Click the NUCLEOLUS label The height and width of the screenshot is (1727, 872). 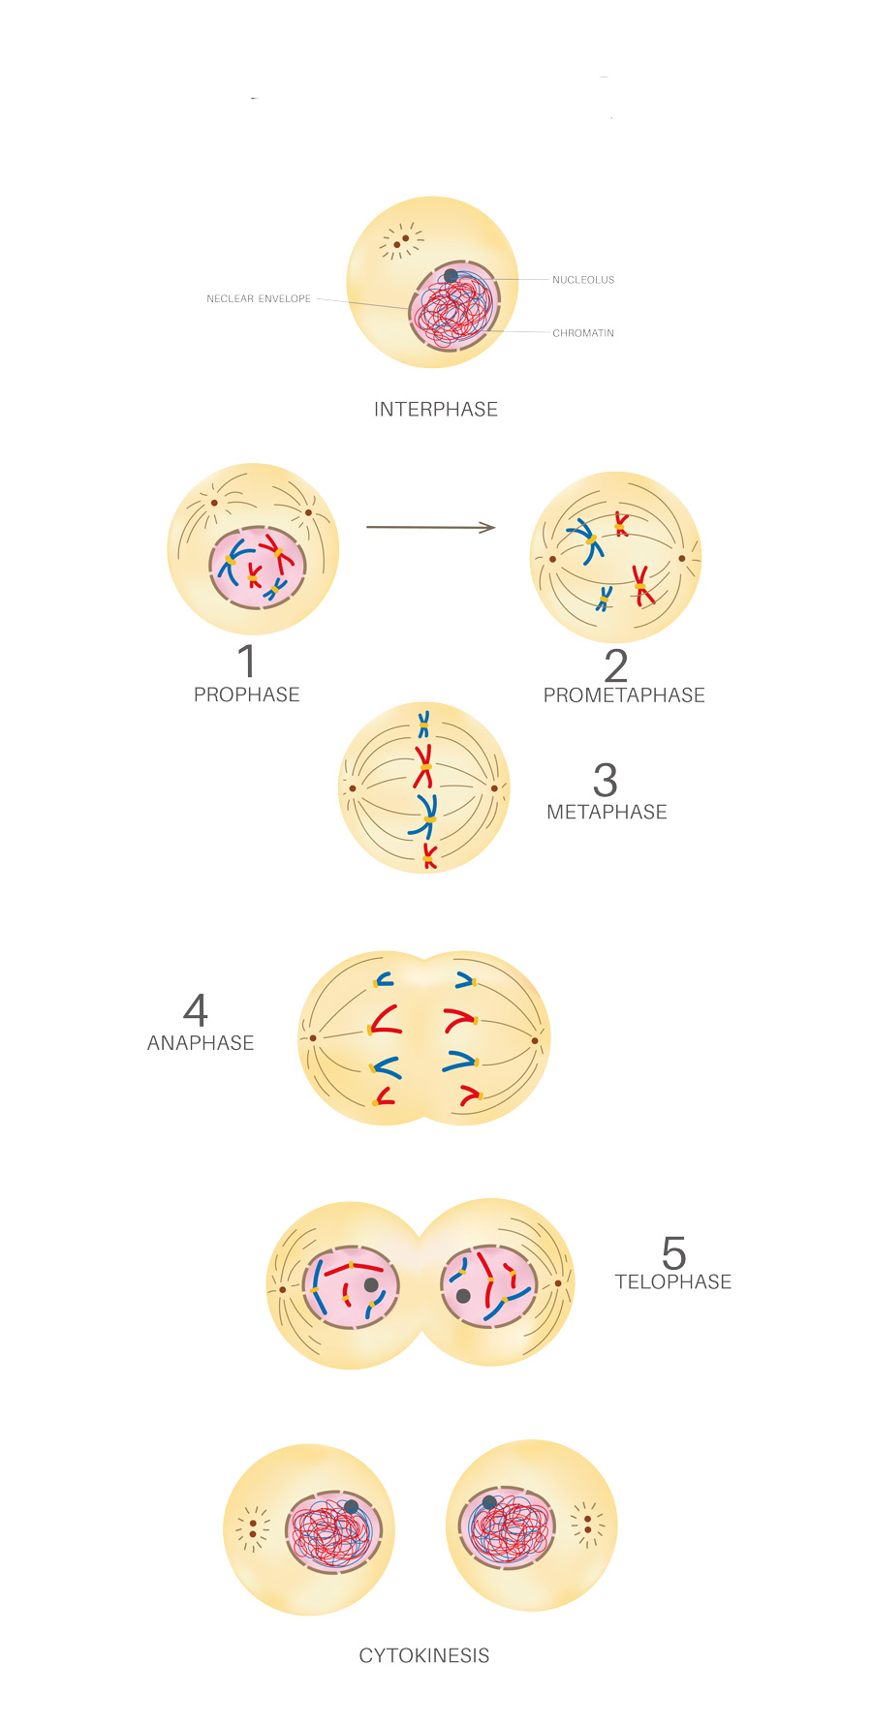point(583,280)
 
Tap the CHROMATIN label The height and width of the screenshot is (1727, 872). point(583,333)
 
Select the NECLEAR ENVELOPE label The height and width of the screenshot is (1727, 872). point(259,299)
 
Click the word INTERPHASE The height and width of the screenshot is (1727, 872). point(436,410)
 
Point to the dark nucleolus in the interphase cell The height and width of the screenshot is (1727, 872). point(452,276)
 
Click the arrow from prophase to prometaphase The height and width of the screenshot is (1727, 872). point(430,527)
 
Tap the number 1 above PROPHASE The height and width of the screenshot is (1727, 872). point(248,662)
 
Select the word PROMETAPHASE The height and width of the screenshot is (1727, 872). point(624,695)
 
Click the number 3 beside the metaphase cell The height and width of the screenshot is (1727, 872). point(606,780)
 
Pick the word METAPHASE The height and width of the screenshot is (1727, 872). point(607,813)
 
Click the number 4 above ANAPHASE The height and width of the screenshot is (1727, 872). point(196,1010)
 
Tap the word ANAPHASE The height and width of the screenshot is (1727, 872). point(201,1043)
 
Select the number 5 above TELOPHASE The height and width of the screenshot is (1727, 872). point(674,1253)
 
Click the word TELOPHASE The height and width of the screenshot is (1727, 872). point(673,1282)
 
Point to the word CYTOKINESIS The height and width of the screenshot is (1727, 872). point(424,1656)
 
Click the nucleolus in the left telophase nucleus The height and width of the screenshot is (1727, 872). point(371,1285)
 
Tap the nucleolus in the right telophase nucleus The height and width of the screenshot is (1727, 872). point(463,1296)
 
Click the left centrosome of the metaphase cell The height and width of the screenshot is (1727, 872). point(353,788)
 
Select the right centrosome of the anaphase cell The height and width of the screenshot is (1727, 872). point(535,1041)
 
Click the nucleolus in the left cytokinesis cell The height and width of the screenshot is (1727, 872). point(351,1507)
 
